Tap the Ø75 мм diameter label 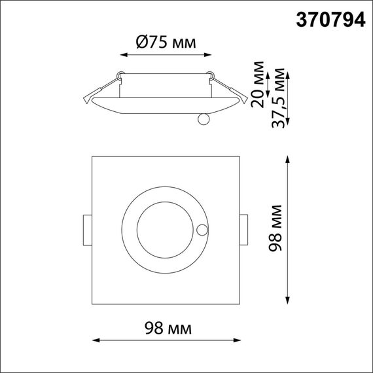point(166,43)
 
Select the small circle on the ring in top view point(202,230)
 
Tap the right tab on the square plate point(243,230)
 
